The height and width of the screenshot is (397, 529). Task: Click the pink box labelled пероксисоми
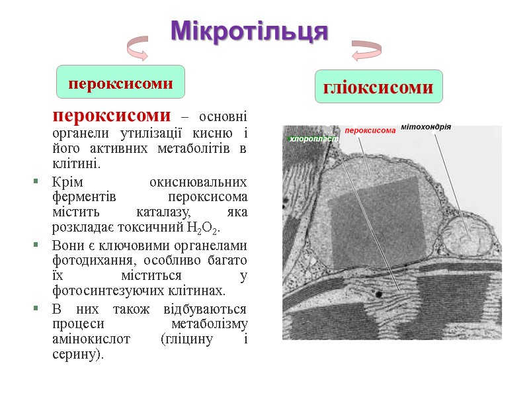(x=120, y=84)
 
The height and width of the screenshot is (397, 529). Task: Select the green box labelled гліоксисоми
(x=378, y=87)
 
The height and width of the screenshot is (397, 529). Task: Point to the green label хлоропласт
(x=313, y=140)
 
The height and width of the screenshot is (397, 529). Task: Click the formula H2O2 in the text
(x=208, y=228)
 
